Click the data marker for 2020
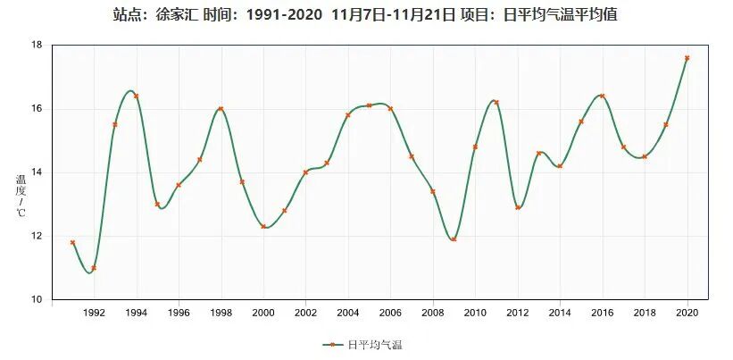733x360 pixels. [x=687, y=58]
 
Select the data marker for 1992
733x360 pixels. [x=94, y=268]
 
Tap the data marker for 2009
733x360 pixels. [x=454, y=239]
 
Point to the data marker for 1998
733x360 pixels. [x=221, y=109]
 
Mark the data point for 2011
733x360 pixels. [x=496, y=102]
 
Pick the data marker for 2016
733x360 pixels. [x=602, y=96]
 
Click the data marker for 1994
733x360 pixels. [x=136, y=96]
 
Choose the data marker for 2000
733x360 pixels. [x=263, y=226]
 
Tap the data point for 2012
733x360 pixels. [x=518, y=207]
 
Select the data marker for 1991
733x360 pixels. [x=72, y=242]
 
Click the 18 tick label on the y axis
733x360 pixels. [x=37, y=45]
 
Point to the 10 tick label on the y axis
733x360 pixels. [x=37, y=299]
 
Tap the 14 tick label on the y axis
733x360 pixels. [x=37, y=172]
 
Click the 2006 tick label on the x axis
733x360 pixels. [x=390, y=313]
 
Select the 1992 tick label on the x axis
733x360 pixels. [x=94, y=313]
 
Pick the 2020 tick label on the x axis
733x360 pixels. [x=687, y=313]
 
